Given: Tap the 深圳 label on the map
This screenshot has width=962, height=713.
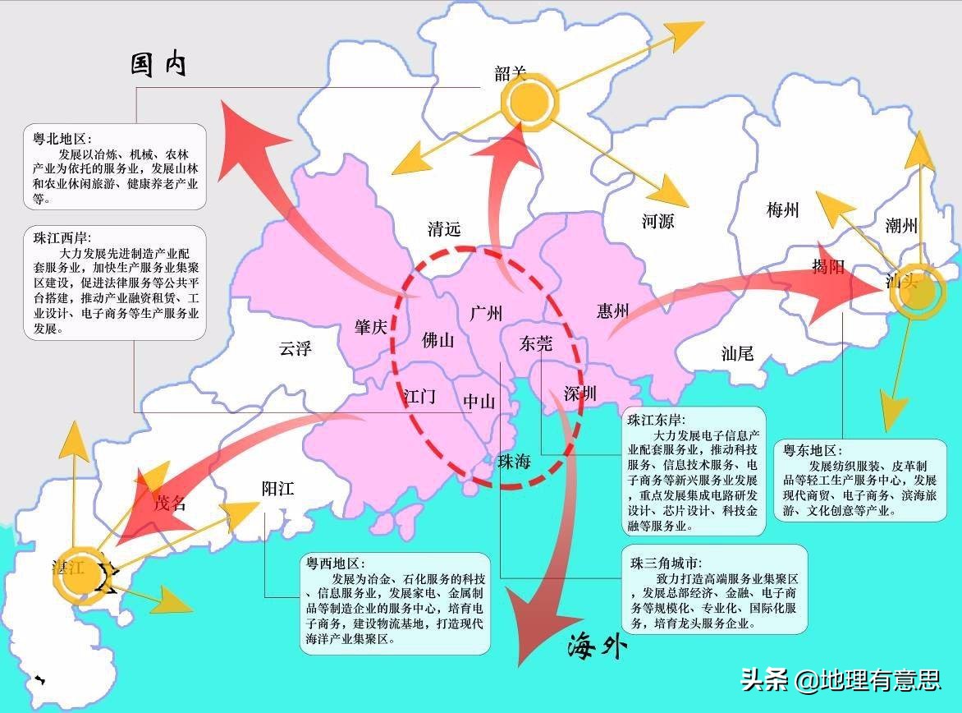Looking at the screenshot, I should pyautogui.click(x=580, y=393).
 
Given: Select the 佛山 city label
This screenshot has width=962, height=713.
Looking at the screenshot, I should pyautogui.click(x=437, y=340).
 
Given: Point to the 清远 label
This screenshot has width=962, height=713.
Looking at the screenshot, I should pyautogui.click(x=444, y=228).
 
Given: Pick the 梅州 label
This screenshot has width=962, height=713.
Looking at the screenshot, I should pyautogui.click(x=782, y=209).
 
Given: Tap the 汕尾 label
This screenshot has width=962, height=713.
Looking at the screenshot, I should pyautogui.click(x=737, y=354).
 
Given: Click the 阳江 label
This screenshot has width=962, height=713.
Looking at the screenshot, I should pyautogui.click(x=277, y=489).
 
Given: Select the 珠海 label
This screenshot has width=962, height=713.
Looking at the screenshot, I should pyautogui.click(x=514, y=462).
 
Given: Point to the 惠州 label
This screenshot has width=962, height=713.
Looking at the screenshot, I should pyautogui.click(x=613, y=310).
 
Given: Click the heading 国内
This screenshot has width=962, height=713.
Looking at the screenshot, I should pyautogui.click(x=158, y=65).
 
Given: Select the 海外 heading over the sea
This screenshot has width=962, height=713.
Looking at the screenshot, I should pyautogui.click(x=597, y=648).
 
